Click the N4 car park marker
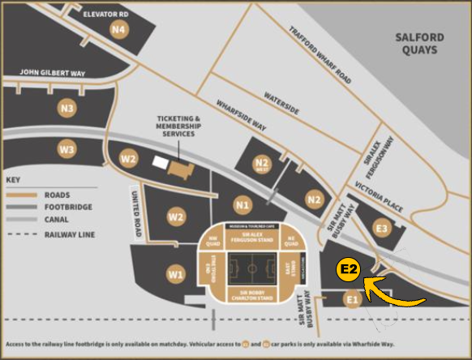pyautogui.click(x=119, y=30)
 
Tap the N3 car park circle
pyautogui.click(x=67, y=108)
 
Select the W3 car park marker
pyautogui.click(x=67, y=149)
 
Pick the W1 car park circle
pyautogui.click(x=176, y=275)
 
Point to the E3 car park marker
pyautogui.click(x=382, y=228)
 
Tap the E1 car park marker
pyautogui.click(x=351, y=301)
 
